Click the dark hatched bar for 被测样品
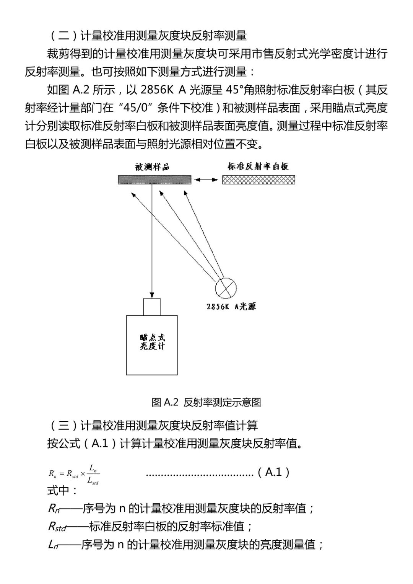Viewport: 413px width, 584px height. click(x=154, y=179)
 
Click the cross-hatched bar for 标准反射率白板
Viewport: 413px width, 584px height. click(x=259, y=179)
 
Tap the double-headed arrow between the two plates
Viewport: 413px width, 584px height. click(x=206, y=179)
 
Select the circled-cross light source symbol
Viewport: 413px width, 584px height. click(x=226, y=288)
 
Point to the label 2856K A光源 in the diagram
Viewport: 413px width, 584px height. click(x=231, y=307)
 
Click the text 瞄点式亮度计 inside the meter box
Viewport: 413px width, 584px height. click(x=152, y=342)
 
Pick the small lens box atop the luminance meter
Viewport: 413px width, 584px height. click(x=152, y=307)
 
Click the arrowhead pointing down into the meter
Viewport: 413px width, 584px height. click(x=152, y=295)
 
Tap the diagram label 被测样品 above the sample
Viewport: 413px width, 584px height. click(x=152, y=167)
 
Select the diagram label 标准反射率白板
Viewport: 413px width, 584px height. click(x=258, y=166)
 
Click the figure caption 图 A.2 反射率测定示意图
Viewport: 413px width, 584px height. click(x=206, y=402)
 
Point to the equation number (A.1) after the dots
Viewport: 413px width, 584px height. click(x=273, y=472)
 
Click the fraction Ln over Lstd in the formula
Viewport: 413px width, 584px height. click(x=93, y=474)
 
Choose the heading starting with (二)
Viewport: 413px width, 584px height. click(x=147, y=36)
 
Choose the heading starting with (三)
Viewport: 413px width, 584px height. click(x=153, y=425)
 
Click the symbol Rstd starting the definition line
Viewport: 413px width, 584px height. click(x=57, y=527)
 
